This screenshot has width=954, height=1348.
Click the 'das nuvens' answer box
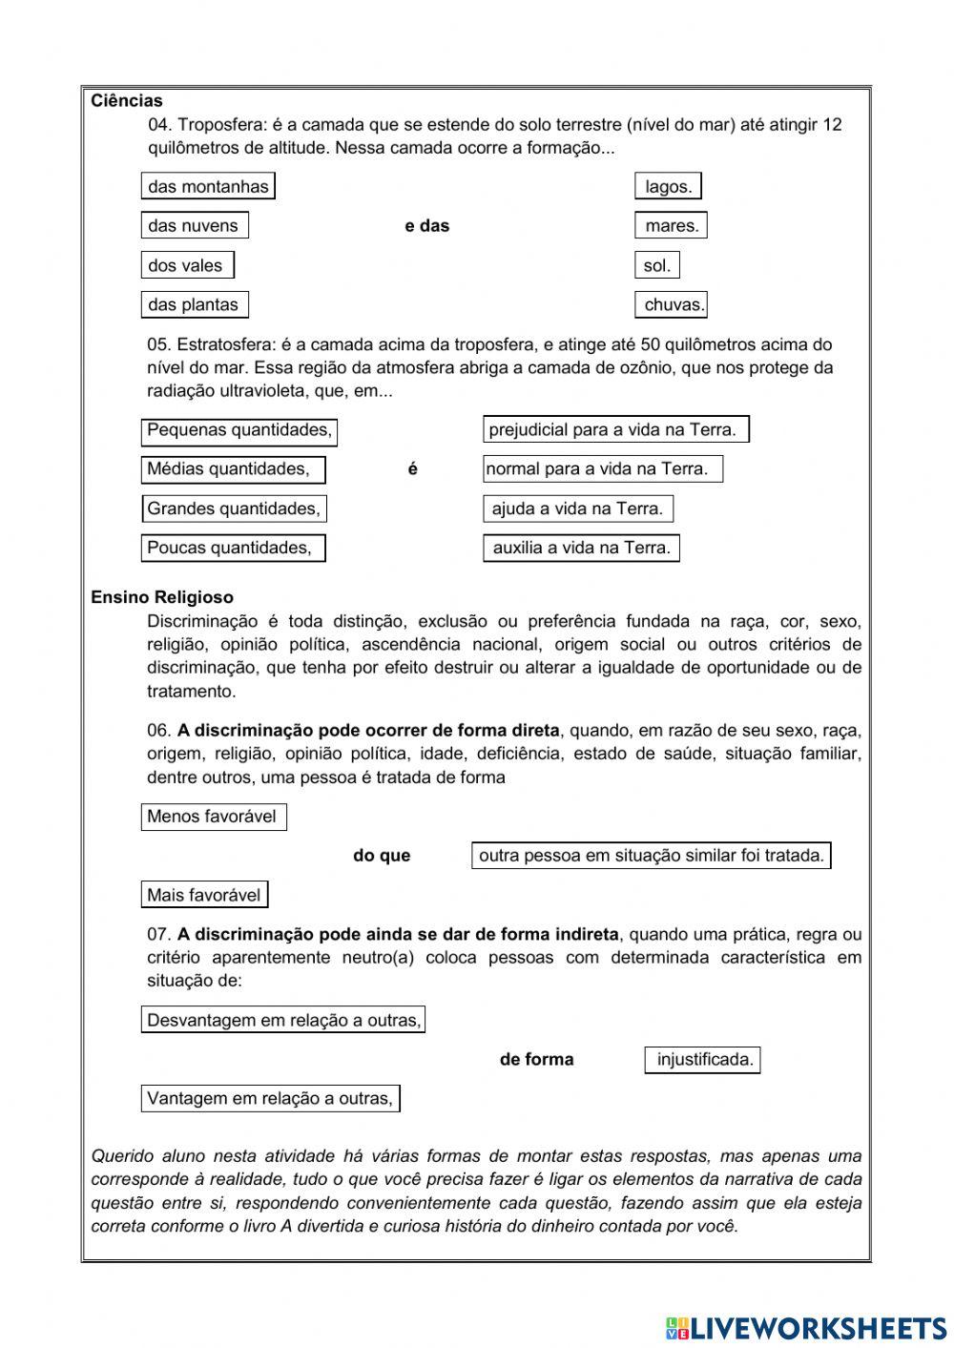[195, 226]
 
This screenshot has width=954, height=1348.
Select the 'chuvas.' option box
[672, 305]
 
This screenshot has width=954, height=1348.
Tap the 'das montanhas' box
[208, 187]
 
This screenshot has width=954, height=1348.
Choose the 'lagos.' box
[669, 187]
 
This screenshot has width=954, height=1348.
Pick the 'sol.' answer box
[657, 266]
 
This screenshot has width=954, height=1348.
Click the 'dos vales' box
[187, 266]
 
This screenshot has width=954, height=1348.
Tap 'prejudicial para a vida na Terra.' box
[615, 430]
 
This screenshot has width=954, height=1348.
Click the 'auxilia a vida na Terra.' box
[581, 549]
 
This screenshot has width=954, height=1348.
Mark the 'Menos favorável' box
[214, 817]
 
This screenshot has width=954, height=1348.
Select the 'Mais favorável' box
[204, 896]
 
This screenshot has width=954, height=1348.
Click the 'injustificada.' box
[703, 1060]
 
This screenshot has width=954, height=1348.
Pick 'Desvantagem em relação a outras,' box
[283, 1021]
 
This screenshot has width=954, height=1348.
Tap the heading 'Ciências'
[127, 101]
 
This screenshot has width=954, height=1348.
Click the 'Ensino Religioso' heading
[162, 598]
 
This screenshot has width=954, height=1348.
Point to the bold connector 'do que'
[382, 856]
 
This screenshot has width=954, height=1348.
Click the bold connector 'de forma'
[536, 1060]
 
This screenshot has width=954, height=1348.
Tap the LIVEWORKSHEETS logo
[806, 1327]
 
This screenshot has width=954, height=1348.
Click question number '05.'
[159, 344]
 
